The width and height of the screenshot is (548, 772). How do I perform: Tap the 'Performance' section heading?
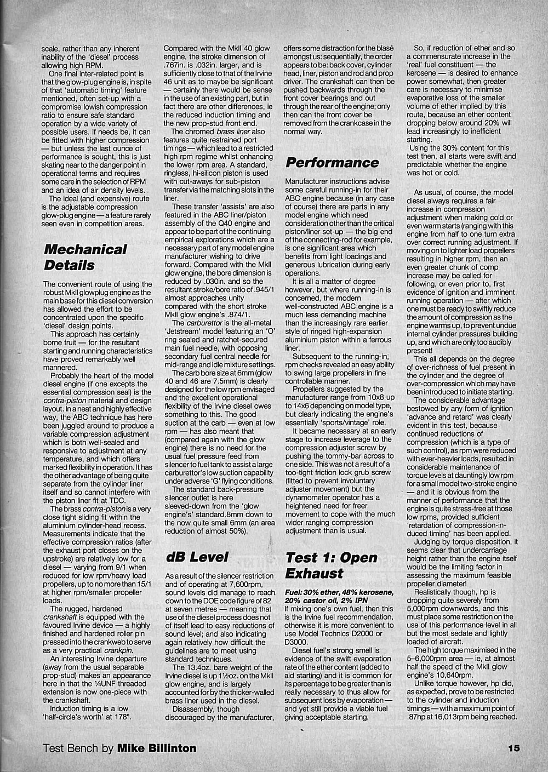click(332, 163)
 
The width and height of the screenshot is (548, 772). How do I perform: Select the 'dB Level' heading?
click(196, 557)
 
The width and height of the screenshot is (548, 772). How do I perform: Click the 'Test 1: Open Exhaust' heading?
click(332, 565)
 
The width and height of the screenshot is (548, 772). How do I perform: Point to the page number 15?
click(513, 748)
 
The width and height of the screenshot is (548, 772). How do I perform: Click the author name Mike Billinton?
click(157, 748)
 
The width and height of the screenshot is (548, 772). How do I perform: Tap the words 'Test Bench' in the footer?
click(71, 748)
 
